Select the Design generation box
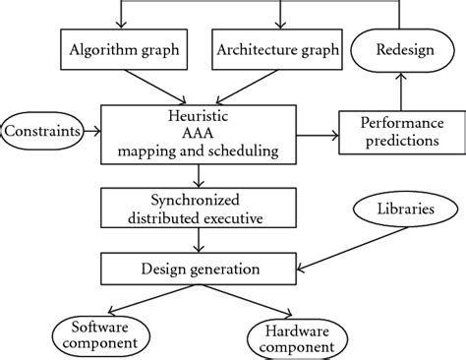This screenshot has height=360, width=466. pos(200,269)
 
